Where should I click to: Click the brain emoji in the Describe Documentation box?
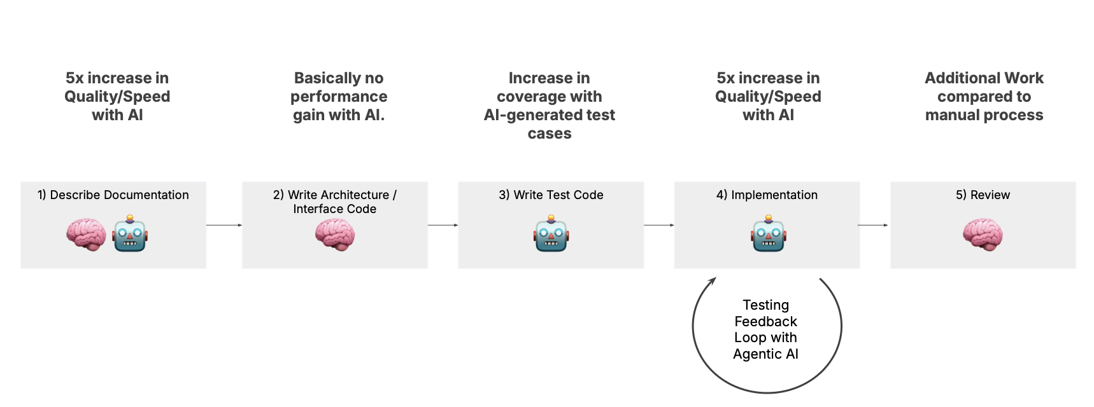coord(86,235)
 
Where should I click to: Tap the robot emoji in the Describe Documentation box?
coord(130,234)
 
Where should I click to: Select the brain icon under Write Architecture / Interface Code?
coord(335,235)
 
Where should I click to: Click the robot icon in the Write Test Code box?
coord(551,234)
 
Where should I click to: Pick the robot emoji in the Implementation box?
coord(769,234)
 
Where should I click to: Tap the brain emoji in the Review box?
coord(983,235)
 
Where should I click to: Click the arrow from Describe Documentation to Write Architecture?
coord(224,225)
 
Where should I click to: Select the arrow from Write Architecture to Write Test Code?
coord(443,225)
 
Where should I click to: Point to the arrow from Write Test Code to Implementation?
coord(659,225)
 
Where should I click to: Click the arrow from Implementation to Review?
coord(873,225)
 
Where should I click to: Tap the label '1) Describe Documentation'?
coord(113,195)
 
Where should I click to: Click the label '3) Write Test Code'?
coord(551,195)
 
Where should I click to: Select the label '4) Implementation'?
coord(767,195)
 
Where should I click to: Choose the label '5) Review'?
coord(983,195)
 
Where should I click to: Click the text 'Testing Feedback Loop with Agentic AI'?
coord(765,329)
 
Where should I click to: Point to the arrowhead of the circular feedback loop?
coord(713,280)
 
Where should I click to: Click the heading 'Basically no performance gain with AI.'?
coord(339,97)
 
